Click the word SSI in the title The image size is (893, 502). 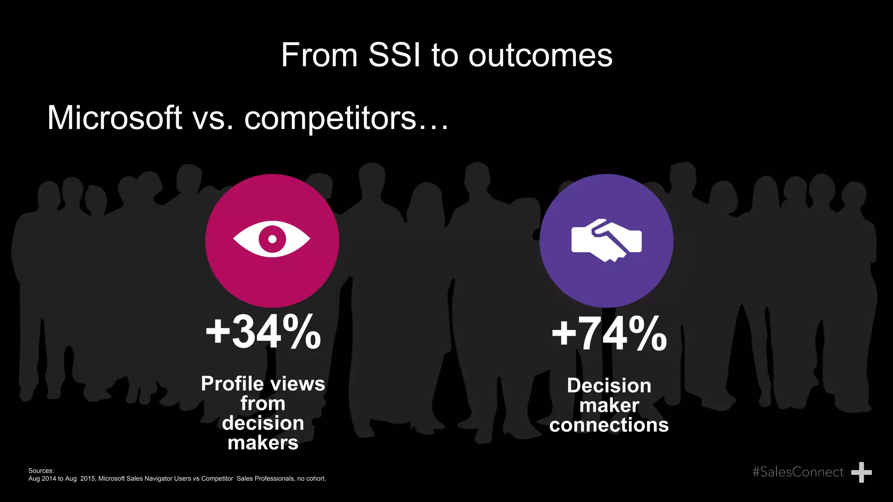click(x=395, y=55)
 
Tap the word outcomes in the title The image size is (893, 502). click(x=540, y=56)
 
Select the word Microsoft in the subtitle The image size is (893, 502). click(x=114, y=118)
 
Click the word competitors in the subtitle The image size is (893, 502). click(x=330, y=118)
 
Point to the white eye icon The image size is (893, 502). click(x=272, y=239)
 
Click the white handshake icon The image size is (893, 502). click(x=607, y=240)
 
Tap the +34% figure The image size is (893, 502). click(x=263, y=332)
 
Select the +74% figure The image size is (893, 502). click(x=609, y=334)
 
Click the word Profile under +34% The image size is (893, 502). click(x=232, y=384)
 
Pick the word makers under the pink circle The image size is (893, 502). click(x=263, y=443)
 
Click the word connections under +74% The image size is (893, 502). click(x=609, y=425)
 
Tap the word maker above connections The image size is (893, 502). click(x=609, y=405)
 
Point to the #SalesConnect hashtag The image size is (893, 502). click(x=798, y=472)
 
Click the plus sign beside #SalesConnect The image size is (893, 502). click(x=861, y=472)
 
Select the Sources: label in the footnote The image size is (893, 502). click(x=41, y=471)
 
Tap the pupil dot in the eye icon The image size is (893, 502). click(x=272, y=239)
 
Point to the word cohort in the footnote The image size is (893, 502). click(x=315, y=478)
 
